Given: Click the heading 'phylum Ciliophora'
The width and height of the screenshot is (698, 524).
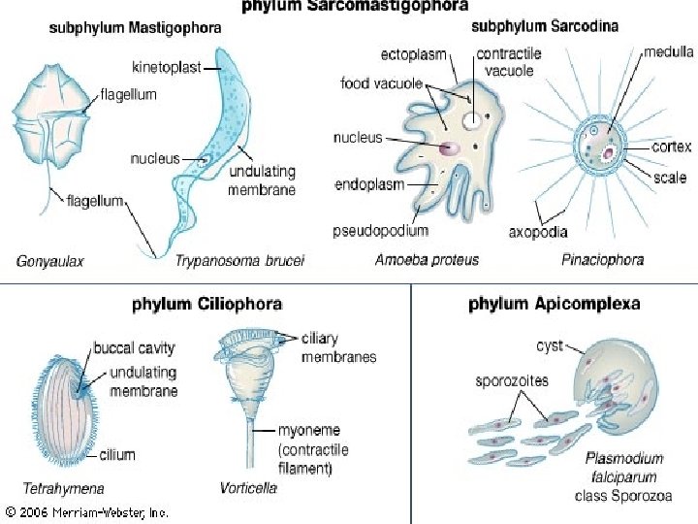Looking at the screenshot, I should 206,304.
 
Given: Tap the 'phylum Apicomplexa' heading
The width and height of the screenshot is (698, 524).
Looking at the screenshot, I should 554,304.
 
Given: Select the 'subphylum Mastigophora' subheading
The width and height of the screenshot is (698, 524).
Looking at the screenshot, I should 135,28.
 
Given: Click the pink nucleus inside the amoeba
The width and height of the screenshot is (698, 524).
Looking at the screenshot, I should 449,148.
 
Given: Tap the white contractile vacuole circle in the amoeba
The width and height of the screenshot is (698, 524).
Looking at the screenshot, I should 469,120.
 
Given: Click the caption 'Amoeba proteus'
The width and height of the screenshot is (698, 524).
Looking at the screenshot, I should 427,260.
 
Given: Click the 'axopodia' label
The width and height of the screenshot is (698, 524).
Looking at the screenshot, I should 538,232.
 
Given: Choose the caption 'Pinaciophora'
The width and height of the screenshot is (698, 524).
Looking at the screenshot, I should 603,260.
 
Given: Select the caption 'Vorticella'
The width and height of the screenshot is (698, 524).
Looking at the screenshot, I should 248,488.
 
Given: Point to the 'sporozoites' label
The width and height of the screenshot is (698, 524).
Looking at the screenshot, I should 511,379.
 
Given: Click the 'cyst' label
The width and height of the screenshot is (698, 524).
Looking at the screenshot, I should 550,345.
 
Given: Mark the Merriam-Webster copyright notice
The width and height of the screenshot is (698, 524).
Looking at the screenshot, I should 86,511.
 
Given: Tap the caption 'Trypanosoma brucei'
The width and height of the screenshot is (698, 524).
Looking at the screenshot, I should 240,260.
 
